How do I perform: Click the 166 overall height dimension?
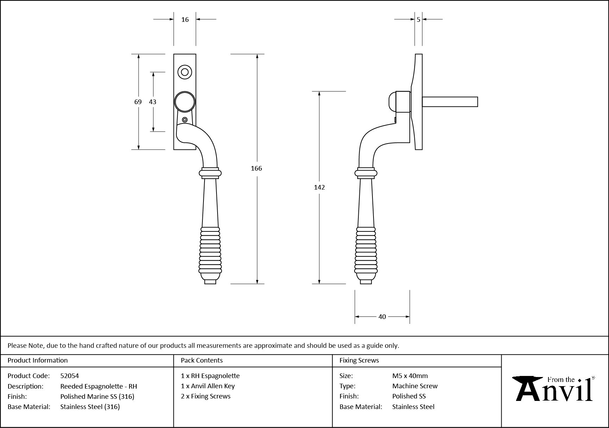(256, 168)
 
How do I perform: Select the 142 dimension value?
(319, 187)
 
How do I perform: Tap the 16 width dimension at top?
(185, 20)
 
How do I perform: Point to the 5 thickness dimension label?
(418, 20)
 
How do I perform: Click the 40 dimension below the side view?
(382, 317)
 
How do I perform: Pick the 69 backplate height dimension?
(138, 102)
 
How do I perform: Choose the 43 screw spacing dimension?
(152, 102)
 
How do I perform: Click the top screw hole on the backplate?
(185, 72)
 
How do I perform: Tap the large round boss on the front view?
(185, 102)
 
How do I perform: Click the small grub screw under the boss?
(185, 120)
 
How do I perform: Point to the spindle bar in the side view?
(450, 102)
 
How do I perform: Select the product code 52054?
(70, 376)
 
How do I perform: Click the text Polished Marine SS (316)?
(97, 397)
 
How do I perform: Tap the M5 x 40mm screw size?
(410, 376)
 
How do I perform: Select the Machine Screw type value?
(415, 386)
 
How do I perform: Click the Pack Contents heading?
(202, 360)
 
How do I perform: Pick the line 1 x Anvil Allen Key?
(208, 386)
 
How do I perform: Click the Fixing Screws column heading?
(359, 360)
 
